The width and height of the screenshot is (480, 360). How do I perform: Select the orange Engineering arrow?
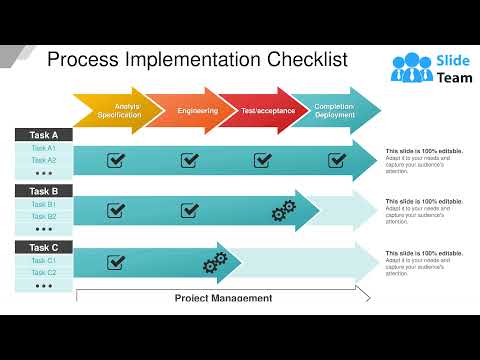196,111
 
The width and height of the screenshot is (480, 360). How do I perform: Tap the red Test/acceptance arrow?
267,111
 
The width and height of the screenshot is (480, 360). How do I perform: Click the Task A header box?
44,135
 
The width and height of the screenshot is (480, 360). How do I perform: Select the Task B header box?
44,191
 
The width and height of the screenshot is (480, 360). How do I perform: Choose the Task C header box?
44,247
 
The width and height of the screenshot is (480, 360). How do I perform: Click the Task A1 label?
44,148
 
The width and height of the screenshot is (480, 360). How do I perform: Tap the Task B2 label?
44,216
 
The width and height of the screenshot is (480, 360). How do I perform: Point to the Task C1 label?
44,260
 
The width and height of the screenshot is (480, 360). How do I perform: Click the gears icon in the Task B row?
284,211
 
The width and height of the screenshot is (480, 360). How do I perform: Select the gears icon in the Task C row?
215,263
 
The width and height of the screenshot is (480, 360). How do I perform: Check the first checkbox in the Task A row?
116,160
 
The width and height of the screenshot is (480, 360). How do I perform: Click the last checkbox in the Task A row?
337,160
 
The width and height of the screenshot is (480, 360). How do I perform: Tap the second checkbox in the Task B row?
189,210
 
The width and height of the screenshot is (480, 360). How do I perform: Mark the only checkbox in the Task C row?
116,262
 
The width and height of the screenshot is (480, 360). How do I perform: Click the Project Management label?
223,297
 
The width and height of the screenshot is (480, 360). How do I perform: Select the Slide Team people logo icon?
408,68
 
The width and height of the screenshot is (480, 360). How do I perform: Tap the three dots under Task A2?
44,173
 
